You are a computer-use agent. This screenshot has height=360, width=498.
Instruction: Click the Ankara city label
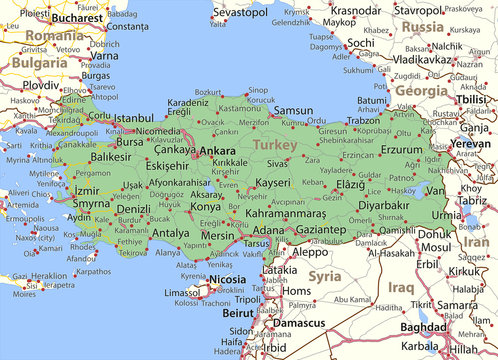[x=217, y=151]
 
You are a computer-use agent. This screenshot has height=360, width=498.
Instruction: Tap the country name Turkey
[x=275, y=145]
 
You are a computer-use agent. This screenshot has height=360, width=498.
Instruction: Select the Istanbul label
[x=133, y=118]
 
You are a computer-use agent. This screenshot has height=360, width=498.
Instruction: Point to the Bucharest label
[x=77, y=18]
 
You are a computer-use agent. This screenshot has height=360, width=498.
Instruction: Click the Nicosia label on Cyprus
[x=227, y=280]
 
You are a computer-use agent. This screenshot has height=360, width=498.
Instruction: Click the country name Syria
[x=324, y=275]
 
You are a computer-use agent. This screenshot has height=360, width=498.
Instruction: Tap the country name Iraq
[x=401, y=287]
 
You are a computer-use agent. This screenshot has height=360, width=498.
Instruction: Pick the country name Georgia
[x=421, y=90]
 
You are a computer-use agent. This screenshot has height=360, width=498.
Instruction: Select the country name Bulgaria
[x=40, y=62]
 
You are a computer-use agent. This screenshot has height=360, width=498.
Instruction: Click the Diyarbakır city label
[x=384, y=206]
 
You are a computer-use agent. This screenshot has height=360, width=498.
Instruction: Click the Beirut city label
[x=239, y=312]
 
